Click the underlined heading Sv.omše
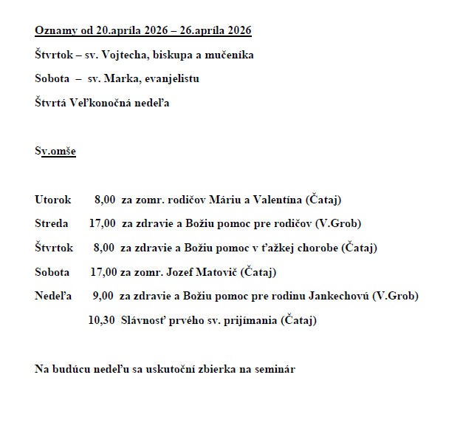(x=55, y=151)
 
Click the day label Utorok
(x=52, y=200)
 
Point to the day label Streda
(x=51, y=223)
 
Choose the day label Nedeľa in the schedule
(x=52, y=296)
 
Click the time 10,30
(x=100, y=320)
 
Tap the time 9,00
(x=103, y=296)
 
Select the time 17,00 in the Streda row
(x=102, y=223)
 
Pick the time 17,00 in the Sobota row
(x=103, y=272)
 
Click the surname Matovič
(x=213, y=272)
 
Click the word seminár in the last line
(x=275, y=368)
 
